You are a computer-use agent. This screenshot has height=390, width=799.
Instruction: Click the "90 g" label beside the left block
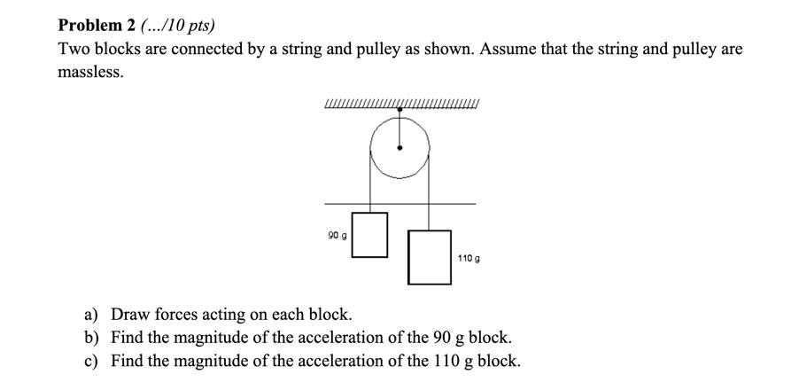click(337, 236)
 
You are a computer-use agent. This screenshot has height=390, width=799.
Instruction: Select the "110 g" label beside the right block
click(469, 258)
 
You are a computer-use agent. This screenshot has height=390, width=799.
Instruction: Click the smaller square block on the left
click(369, 235)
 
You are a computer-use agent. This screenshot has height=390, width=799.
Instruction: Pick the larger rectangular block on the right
click(430, 257)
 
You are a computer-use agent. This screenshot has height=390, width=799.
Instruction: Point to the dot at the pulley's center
click(400, 148)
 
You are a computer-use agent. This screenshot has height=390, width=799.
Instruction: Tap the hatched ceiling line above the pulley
click(354, 108)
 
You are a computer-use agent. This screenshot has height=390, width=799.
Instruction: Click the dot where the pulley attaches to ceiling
click(400, 110)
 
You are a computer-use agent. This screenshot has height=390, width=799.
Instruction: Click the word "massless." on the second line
click(90, 72)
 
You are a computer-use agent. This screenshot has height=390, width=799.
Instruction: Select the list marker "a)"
click(91, 315)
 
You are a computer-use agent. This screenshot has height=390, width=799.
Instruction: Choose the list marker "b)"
click(91, 338)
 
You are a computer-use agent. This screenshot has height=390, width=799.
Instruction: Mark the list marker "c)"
click(91, 361)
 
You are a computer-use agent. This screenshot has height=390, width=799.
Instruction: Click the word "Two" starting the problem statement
click(74, 49)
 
